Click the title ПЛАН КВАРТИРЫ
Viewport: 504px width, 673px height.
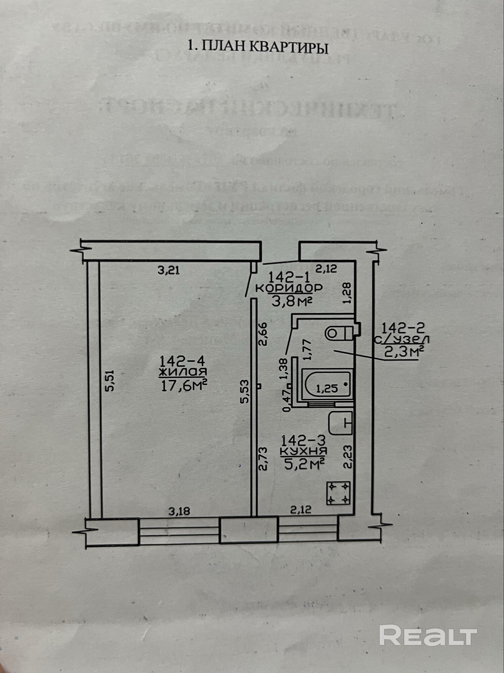tap(258, 47)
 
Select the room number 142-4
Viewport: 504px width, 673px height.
tap(182, 361)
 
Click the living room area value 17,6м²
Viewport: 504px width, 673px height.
tap(183, 385)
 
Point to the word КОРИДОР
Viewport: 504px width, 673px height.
tap(289, 288)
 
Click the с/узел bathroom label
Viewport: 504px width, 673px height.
tap(402, 339)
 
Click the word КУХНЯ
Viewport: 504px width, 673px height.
tap(303, 451)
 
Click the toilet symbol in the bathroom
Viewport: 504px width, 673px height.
tap(338, 333)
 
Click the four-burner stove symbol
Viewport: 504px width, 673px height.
tap(338, 493)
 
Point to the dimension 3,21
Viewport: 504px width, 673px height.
tap(168, 270)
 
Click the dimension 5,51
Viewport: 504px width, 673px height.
tap(111, 381)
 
